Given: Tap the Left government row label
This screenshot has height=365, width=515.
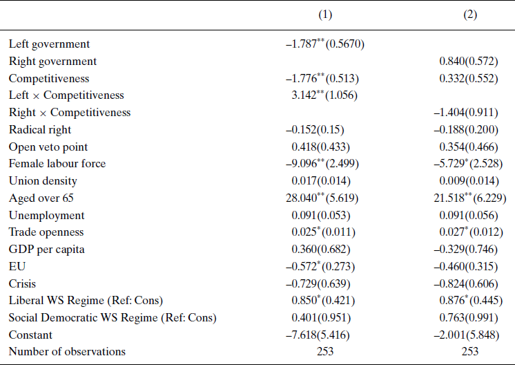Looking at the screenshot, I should pos(49,44).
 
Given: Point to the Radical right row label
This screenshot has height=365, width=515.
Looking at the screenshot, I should pos(40,129).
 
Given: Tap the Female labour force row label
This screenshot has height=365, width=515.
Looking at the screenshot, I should pos(57,164).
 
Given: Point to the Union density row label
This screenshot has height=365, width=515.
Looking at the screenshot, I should pos(43,180).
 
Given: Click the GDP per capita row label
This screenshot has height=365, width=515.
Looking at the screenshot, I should pos(46,249).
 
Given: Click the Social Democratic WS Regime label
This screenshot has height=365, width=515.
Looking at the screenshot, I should pos(113,317).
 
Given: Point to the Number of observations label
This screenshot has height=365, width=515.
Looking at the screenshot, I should pos(67,351).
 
